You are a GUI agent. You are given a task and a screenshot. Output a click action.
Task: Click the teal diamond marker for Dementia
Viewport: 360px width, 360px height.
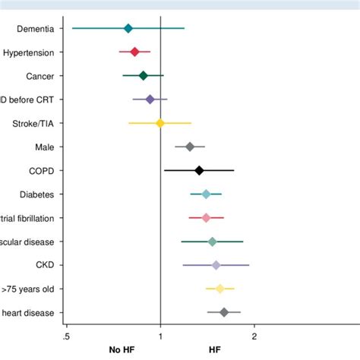[x=128, y=28]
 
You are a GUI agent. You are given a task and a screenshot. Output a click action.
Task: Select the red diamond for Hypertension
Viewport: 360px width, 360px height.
[x=134, y=52]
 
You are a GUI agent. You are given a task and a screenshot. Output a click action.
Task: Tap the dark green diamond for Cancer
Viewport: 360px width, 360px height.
[x=143, y=75]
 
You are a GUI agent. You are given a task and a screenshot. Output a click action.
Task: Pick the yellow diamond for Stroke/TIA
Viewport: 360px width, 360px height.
[x=159, y=123]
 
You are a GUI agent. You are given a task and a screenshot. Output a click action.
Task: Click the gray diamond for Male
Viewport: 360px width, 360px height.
[x=190, y=147]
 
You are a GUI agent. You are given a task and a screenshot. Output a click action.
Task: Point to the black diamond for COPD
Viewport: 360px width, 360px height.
[x=199, y=171]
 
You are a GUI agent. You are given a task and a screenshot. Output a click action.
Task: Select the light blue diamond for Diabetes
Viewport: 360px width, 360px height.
[x=206, y=194]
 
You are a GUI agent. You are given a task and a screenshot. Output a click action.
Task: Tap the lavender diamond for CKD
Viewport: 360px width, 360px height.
[x=216, y=265]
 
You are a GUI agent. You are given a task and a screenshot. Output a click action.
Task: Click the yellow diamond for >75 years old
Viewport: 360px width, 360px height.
[x=219, y=289]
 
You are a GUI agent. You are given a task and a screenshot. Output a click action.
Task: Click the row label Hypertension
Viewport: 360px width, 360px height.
[x=28, y=52]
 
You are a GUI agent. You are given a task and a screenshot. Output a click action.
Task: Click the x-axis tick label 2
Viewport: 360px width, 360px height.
[x=254, y=336]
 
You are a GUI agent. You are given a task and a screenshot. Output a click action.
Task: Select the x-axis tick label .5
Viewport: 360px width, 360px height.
[x=66, y=336]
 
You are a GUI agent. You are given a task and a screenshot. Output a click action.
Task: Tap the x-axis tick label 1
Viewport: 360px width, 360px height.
[x=160, y=336]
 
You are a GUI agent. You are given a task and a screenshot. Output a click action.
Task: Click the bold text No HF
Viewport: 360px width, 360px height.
[x=122, y=350]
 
